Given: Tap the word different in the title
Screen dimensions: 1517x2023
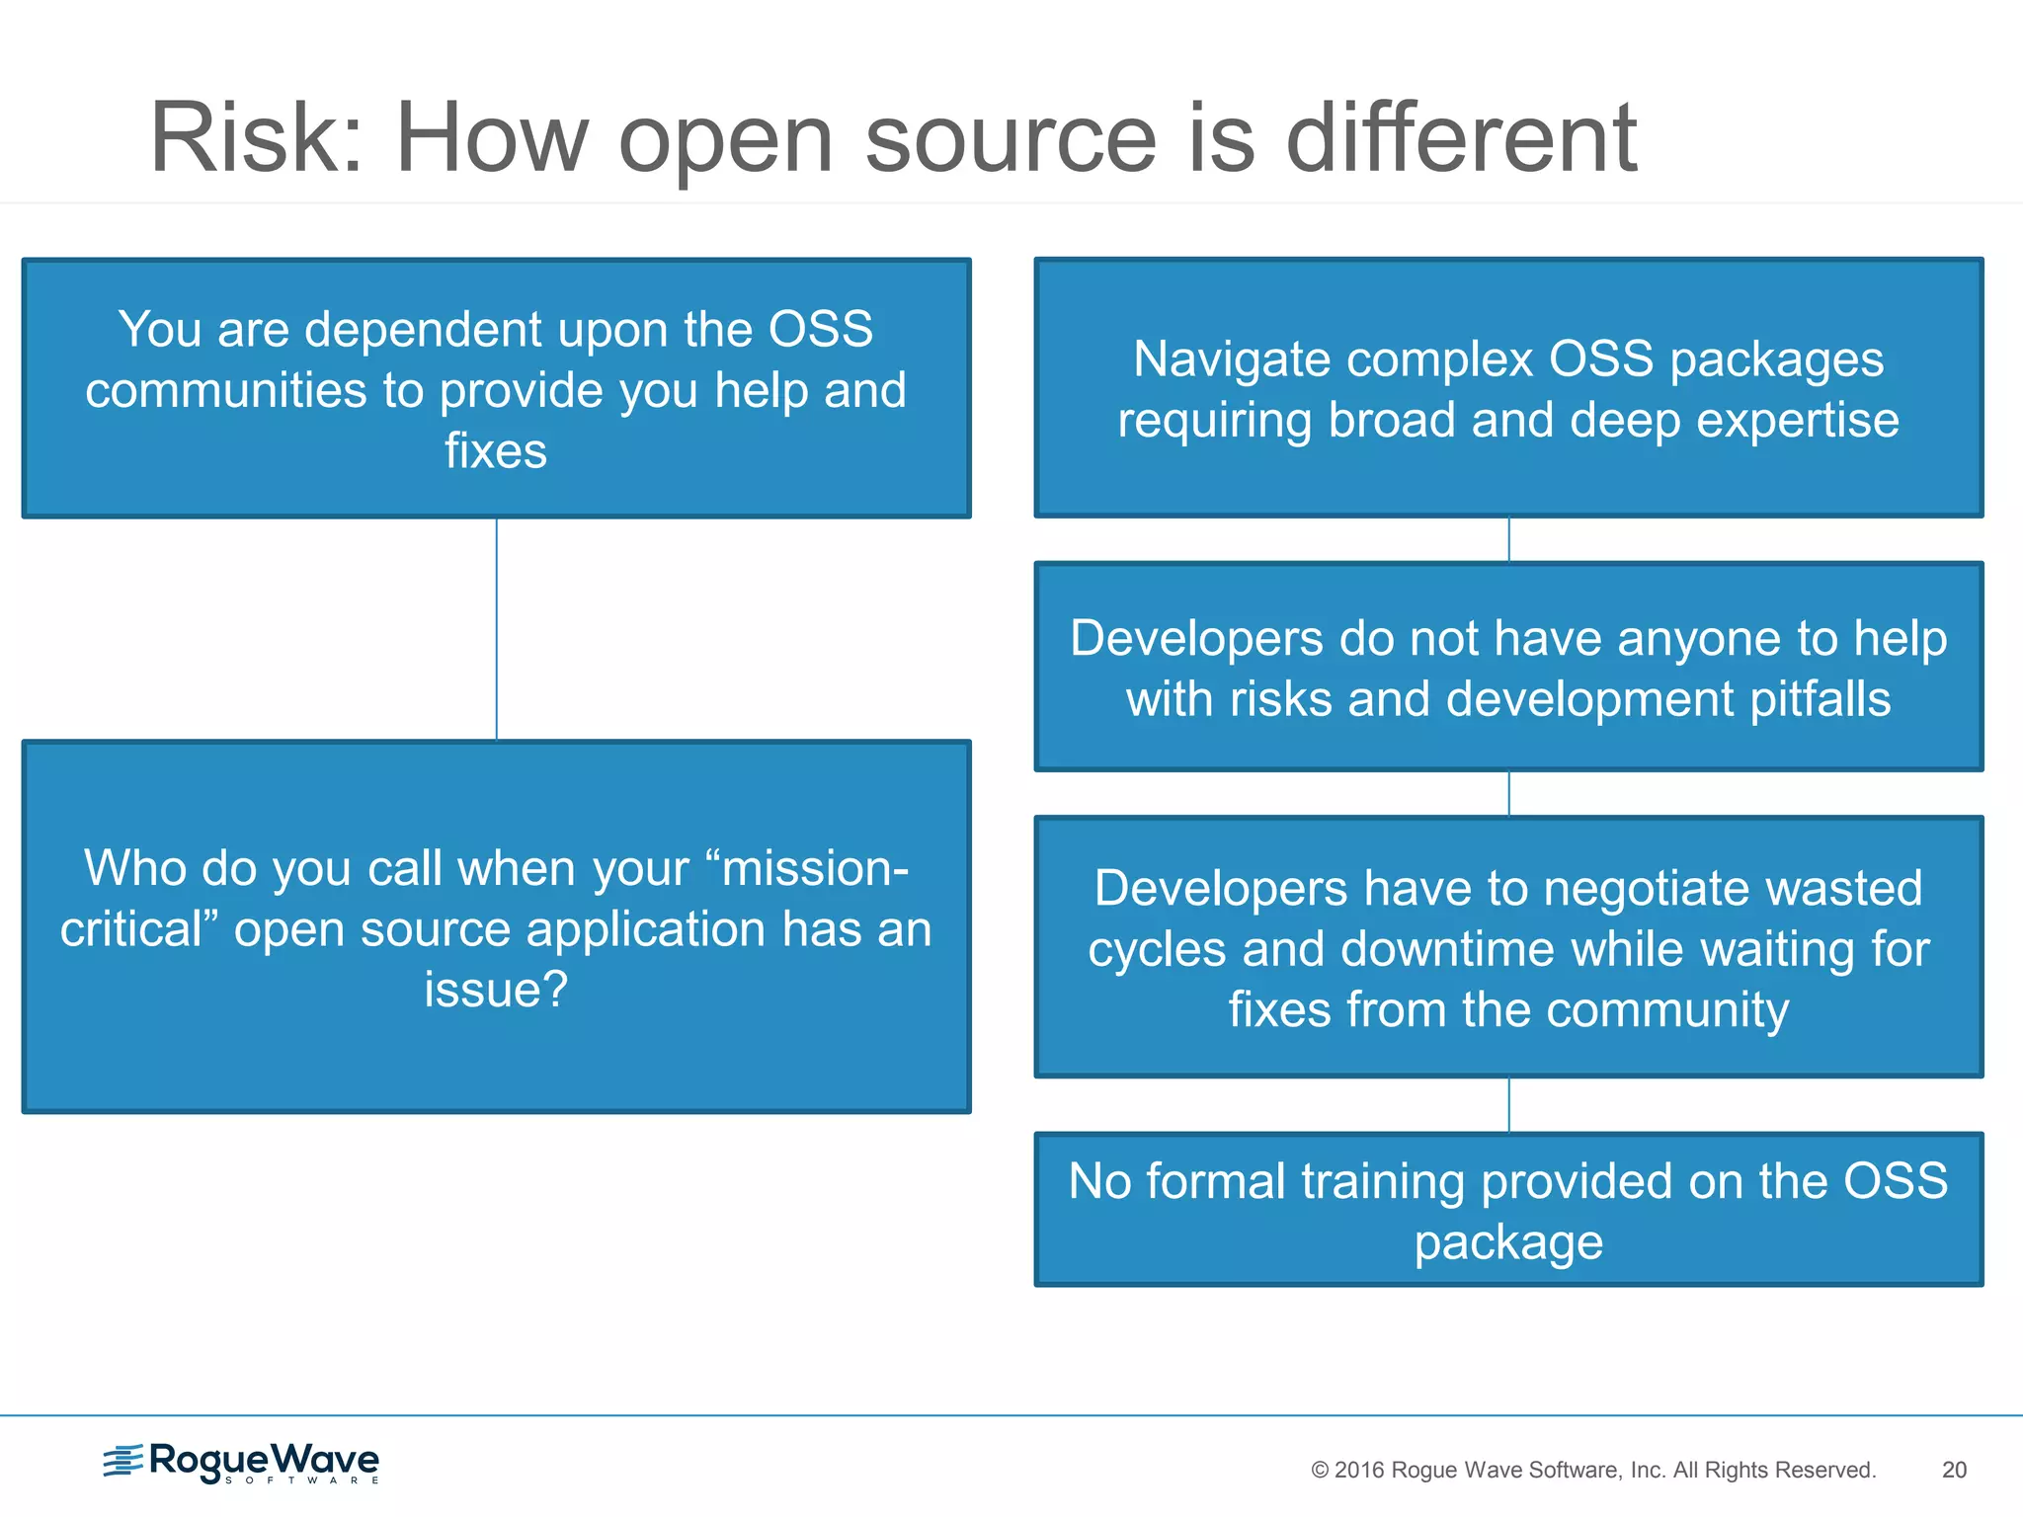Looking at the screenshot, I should pos(1461,138).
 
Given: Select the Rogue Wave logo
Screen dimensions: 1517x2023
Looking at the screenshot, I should pos(241,1463).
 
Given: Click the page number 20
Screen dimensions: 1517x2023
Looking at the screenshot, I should pos(1954,1470).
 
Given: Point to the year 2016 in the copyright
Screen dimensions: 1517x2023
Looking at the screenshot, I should pos(1359,1470).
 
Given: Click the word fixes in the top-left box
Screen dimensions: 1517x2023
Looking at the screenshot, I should pos(496,450).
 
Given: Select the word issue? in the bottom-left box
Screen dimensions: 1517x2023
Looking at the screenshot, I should pos(496,990).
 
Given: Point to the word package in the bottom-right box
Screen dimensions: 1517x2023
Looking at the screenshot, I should pos(1508,1242).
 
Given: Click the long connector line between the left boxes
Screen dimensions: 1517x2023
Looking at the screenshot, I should pos(497,629).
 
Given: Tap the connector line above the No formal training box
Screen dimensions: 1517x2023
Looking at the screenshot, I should pos(1508,1105).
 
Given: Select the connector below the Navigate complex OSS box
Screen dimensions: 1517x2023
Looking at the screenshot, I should pos(1508,540).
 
